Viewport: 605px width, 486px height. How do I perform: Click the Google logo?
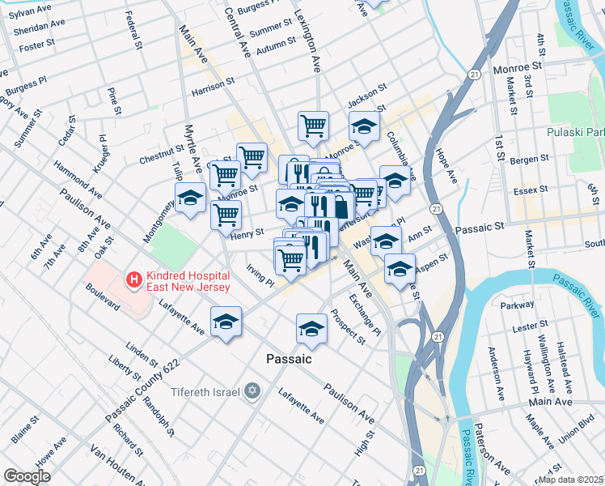click(27, 476)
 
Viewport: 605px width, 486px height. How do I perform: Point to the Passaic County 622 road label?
click(142, 389)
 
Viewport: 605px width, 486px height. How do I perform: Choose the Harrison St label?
click(213, 83)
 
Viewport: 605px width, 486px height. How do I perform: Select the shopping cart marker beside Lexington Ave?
click(313, 126)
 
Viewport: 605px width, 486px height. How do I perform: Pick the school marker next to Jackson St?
click(364, 126)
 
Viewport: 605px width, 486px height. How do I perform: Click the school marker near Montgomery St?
click(191, 198)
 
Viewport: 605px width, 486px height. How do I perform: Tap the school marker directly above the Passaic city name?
click(311, 328)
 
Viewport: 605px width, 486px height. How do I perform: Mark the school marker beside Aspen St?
click(400, 268)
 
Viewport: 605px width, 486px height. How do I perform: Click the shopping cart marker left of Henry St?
click(226, 215)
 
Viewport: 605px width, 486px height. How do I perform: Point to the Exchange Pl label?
click(364, 314)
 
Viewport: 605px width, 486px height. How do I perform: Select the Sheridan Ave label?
click(33, 25)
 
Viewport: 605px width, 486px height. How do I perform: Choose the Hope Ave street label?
click(447, 162)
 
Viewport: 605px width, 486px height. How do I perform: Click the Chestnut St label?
click(162, 151)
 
